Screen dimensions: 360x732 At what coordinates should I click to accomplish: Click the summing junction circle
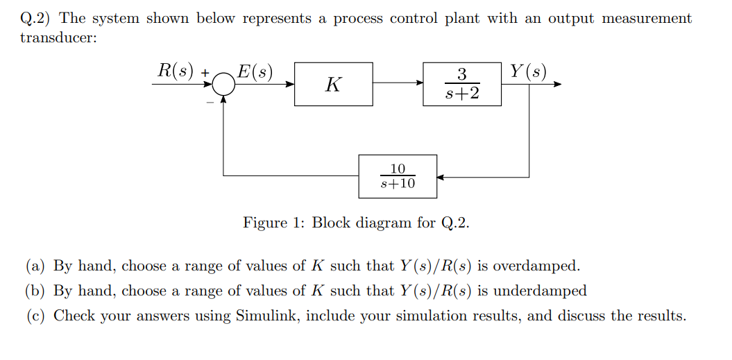click(223, 85)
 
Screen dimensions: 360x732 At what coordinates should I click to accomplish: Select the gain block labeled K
click(333, 84)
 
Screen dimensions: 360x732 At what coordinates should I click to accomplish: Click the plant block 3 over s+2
click(461, 84)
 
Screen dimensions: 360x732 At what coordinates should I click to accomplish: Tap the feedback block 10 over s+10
click(398, 176)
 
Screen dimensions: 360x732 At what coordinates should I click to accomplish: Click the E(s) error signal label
click(255, 71)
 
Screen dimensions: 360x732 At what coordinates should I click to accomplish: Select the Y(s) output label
click(527, 71)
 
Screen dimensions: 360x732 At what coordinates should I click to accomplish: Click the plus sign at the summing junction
click(205, 72)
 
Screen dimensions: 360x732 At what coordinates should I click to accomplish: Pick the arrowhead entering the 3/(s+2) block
click(419, 84)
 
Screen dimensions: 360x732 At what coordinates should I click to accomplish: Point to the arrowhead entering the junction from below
click(223, 99)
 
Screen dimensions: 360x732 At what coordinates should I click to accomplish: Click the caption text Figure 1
click(274, 223)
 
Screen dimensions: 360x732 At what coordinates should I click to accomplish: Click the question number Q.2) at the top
click(37, 19)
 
